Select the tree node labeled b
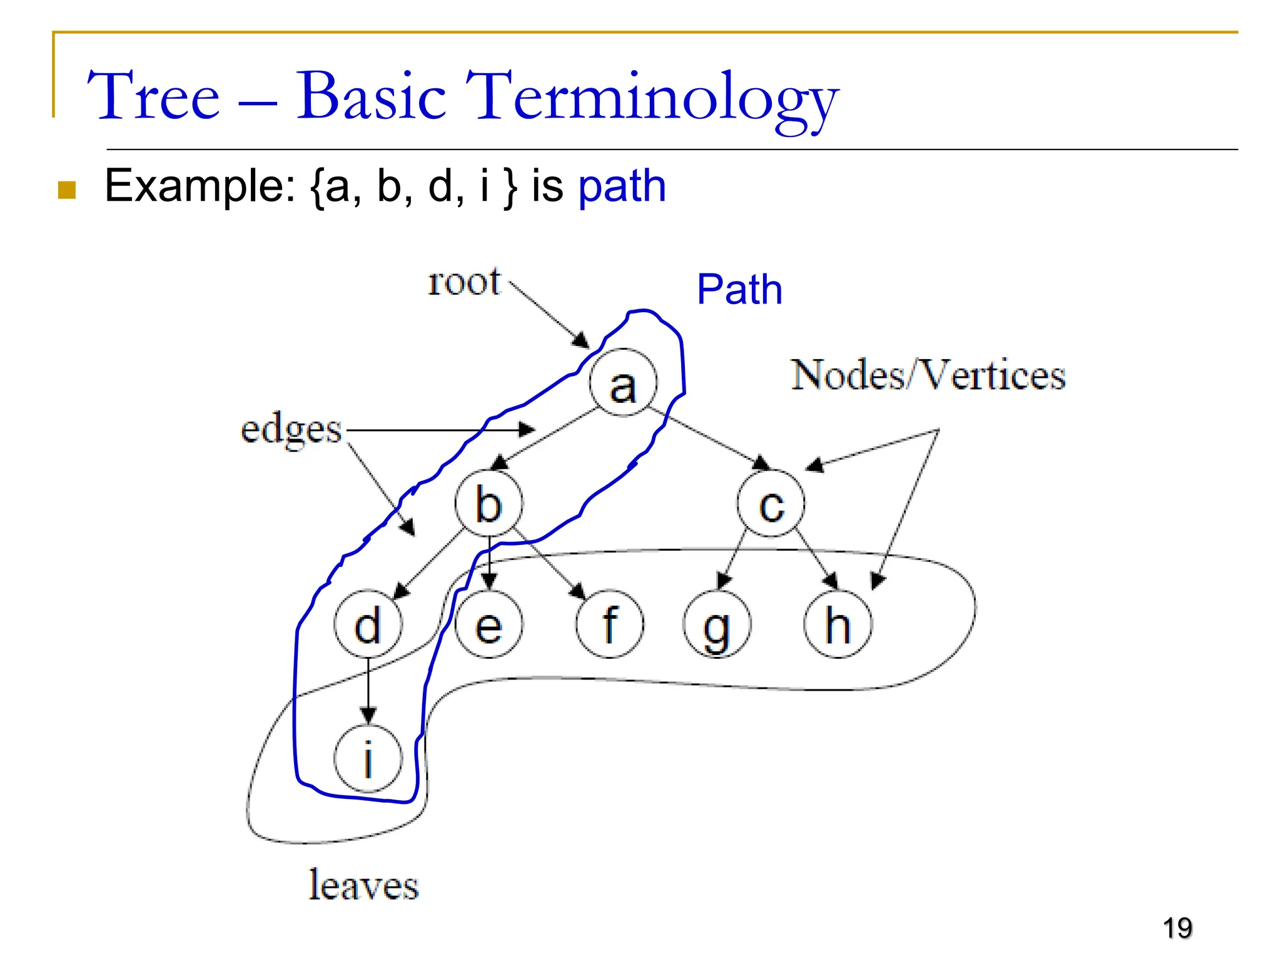[x=489, y=504]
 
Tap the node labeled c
[x=771, y=504]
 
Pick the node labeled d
[x=368, y=624]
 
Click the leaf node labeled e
[x=489, y=624]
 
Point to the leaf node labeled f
[x=609, y=624]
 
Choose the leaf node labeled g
[x=717, y=624]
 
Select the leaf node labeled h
[x=838, y=624]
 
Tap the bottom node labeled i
[x=368, y=759]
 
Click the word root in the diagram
[x=464, y=282]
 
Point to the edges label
[x=291, y=430]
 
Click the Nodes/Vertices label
[x=928, y=375]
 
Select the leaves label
[x=363, y=885]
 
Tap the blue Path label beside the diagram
[x=739, y=290]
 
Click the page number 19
[x=1177, y=928]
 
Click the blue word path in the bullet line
[x=622, y=186]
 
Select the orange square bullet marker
[x=67, y=190]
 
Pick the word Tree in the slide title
[x=154, y=97]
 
